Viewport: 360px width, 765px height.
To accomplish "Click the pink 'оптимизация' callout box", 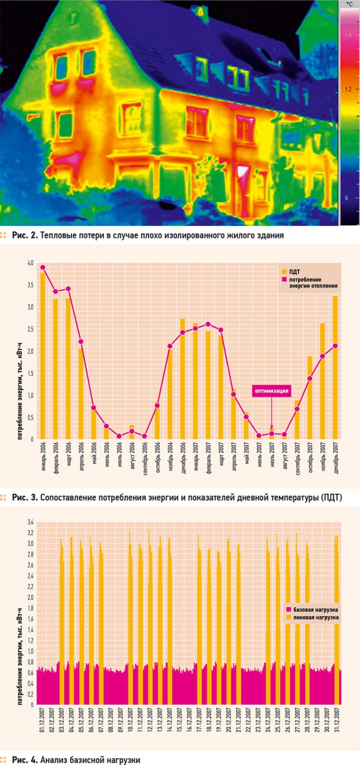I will pyautogui.click(x=272, y=390).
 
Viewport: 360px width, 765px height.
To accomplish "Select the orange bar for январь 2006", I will pyautogui.click(x=43, y=355).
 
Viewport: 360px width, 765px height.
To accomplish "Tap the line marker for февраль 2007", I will pyautogui.click(x=208, y=324).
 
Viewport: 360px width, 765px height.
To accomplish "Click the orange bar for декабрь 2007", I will pyautogui.click(x=335, y=367).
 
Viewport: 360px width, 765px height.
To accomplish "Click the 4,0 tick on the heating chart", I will pyautogui.click(x=30, y=263).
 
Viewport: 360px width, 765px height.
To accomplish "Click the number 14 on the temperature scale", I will pyautogui.click(x=349, y=35).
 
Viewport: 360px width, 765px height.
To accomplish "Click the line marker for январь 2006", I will pyautogui.click(x=43, y=268).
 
